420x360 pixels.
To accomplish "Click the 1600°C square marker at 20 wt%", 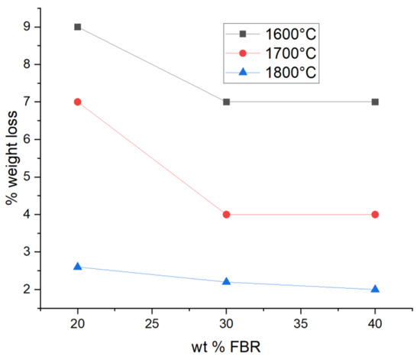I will point(78,27).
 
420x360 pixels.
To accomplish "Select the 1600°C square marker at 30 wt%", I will point(227,102).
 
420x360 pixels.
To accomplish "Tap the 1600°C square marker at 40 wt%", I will point(375,102).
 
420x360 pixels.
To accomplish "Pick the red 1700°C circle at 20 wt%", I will point(78,102).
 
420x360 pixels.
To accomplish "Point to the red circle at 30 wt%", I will point(227,214).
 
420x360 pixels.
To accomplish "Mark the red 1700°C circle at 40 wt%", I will point(375,214).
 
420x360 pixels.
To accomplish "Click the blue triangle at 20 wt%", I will point(78,266).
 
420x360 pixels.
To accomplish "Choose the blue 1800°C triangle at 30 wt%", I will point(227,281).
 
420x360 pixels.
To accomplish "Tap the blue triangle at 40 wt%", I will point(375,289).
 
